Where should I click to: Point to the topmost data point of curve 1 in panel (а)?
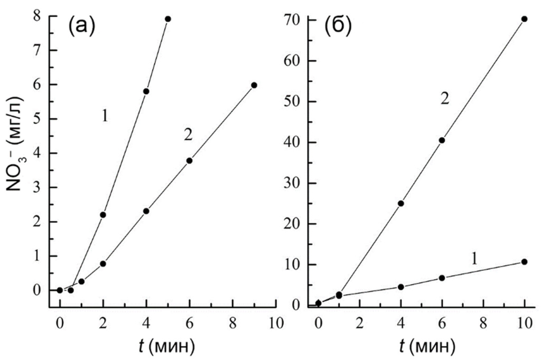tap(167, 19)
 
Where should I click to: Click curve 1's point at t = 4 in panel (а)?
tap(146, 91)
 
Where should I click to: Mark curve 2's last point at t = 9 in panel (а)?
tap(254, 85)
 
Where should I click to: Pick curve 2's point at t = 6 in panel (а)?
tap(189, 160)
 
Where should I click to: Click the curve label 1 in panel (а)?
tap(105, 117)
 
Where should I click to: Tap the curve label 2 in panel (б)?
tap(444, 99)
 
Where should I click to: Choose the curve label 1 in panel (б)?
tap(474, 258)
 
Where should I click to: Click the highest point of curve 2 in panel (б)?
tap(524, 19)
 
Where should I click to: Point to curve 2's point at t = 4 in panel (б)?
tap(400, 203)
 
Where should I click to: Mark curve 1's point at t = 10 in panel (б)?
tap(524, 262)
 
